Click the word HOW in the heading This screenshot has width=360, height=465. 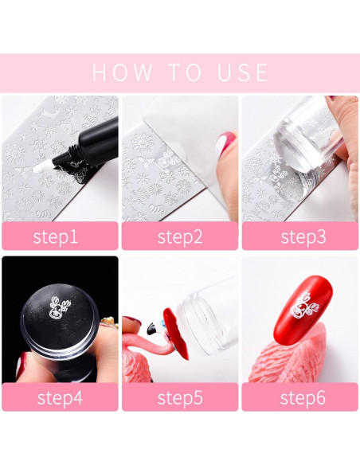pos(122,72)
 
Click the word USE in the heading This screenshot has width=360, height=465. pos(243,72)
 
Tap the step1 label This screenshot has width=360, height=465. pos(56,237)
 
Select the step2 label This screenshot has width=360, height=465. pos(180,237)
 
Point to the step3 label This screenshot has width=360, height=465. pos(303,237)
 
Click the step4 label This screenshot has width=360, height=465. pos(60,398)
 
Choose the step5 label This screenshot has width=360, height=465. pos(180,398)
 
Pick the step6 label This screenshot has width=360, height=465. pos(303,398)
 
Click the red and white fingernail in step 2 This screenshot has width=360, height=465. pos(225,143)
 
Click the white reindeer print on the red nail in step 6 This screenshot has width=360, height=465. pos(304,306)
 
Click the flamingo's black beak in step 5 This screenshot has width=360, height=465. pos(151,329)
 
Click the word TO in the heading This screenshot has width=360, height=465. pos(186,72)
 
